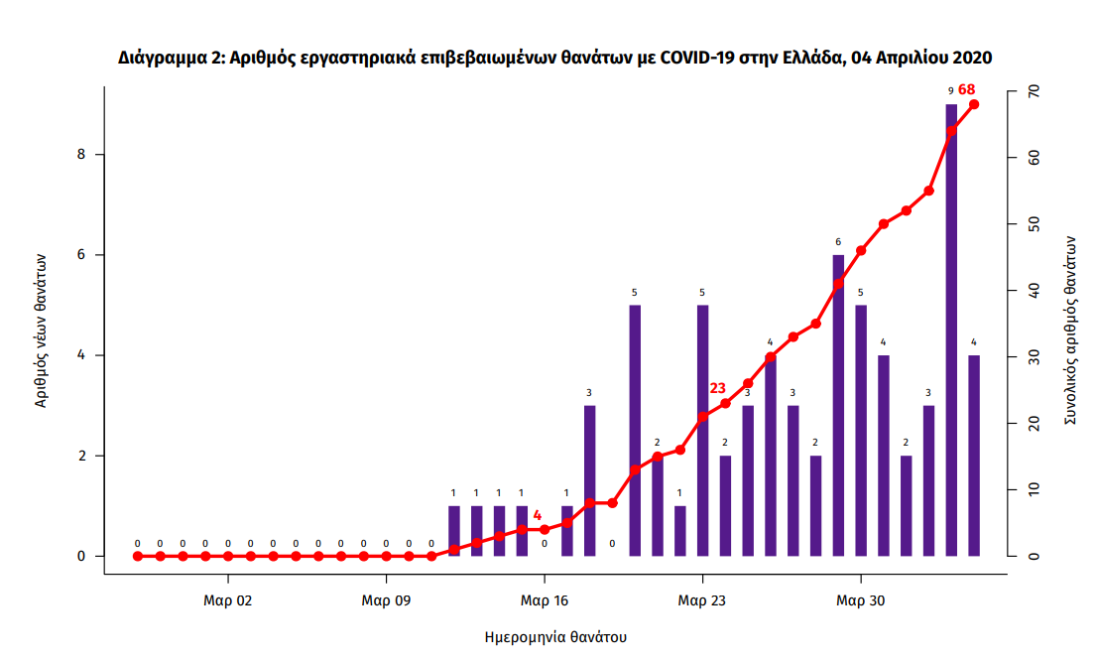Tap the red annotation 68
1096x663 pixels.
967,90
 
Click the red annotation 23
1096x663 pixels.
718,388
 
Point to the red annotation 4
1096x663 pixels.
538,515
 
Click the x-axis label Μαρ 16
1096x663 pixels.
545,599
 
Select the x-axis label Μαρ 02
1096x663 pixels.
228,599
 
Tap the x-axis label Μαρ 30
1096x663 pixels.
860,599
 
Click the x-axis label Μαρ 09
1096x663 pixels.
386,599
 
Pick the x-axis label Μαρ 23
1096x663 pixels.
702,599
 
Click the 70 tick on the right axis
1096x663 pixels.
1032,92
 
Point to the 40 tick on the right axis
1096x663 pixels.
1032,291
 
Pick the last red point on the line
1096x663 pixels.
974,104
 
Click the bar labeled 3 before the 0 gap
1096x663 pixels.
589,480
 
